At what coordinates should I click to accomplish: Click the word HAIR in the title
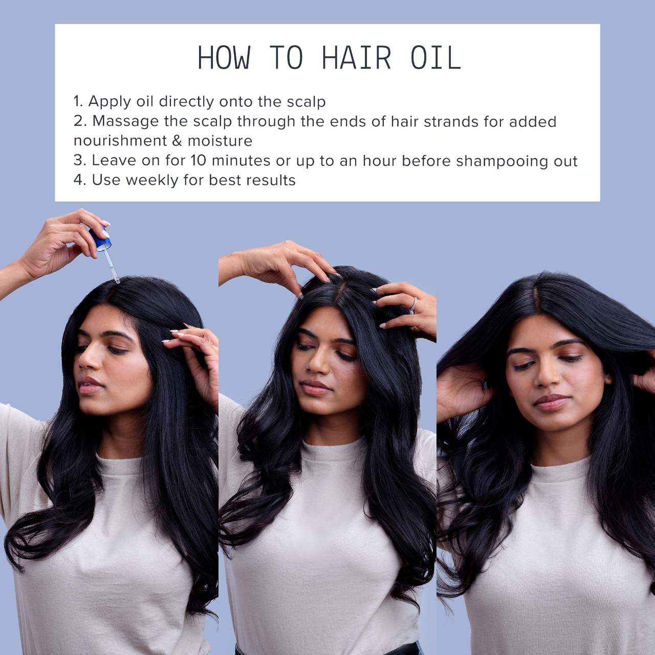coord(356,58)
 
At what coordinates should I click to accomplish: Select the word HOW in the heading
coord(224,58)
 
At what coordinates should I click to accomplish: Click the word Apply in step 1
coord(109,102)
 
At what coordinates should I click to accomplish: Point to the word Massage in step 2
coord(125,122)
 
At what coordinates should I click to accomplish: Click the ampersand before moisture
coord(177,141)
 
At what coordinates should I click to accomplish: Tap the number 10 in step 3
coord(198,161)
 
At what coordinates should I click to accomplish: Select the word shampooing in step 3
coord(501,162)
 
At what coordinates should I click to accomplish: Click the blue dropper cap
coord(100,237)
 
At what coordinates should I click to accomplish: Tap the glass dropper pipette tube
coord(112,266)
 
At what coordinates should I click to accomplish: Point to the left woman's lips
coord(90,384)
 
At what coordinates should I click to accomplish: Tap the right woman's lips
coord(551,401)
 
